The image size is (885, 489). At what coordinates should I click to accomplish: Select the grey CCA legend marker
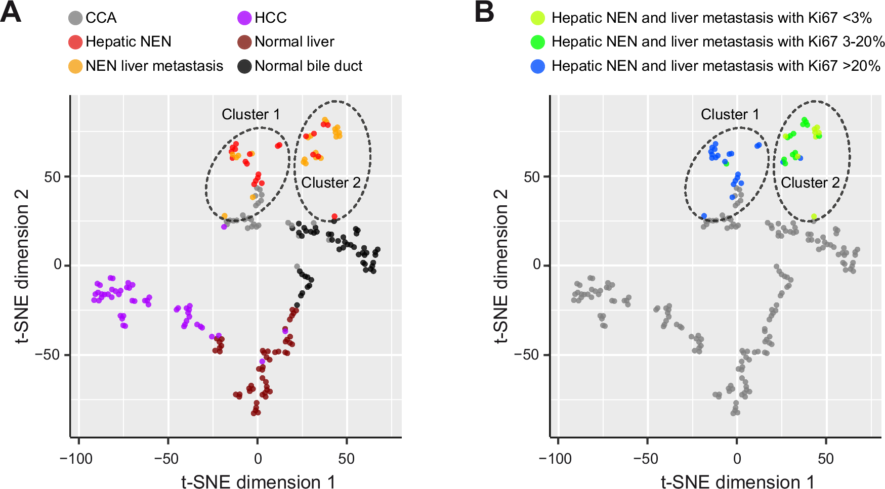[75, 18]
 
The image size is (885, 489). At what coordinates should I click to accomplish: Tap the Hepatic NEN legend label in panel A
[128, 41]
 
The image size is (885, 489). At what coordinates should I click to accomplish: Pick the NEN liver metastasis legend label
[154, 66]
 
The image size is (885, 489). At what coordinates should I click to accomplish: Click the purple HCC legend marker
[244, 18]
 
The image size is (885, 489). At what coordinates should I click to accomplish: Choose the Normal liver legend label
[294, 41]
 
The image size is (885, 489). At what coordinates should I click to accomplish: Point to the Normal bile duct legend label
[308, 66]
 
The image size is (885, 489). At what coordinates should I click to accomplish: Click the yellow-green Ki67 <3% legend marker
[538, 18]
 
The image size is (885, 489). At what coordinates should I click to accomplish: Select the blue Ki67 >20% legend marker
[538, 66]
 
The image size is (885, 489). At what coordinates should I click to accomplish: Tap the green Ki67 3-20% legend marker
[538, 42]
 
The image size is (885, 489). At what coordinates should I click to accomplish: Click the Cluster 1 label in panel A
[250, 114]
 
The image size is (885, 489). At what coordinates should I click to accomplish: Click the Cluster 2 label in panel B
[810, 183]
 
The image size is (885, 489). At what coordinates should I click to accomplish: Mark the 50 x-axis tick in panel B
[826, 459]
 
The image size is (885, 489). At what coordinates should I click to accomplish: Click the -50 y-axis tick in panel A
[48, 354]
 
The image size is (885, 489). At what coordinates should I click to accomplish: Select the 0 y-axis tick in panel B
[537, 264]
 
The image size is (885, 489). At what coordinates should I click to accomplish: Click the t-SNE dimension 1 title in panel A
[258, 481]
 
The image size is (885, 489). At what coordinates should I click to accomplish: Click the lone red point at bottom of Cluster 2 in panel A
[334, 216]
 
